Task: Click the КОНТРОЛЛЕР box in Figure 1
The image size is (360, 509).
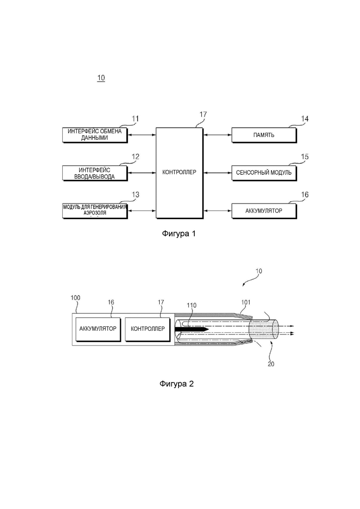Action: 180,173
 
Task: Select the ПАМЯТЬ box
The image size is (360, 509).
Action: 264,135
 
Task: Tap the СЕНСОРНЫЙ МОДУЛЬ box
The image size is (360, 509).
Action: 264,173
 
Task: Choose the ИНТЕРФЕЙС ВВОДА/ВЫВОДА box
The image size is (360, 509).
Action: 95,173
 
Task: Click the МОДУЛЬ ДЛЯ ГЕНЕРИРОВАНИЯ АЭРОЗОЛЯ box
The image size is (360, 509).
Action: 95,211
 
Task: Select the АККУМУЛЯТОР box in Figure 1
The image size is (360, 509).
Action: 264,211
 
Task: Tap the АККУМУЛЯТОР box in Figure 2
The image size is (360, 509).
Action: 98,329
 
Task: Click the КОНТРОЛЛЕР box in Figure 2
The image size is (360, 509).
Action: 148,329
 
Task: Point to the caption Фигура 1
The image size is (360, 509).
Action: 179,234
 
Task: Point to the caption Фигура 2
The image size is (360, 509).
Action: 177,383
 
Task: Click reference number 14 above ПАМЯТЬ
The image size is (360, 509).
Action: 305,119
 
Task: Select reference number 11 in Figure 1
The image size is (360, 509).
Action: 135,119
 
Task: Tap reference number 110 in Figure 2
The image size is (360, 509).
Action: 192,305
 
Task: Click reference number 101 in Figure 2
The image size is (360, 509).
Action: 246,302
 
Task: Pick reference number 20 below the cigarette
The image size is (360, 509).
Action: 271,364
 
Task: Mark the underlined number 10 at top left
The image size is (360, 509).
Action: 101,78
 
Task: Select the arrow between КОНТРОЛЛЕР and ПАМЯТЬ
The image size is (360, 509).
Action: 217,135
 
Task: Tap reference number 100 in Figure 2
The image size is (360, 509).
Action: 76,298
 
